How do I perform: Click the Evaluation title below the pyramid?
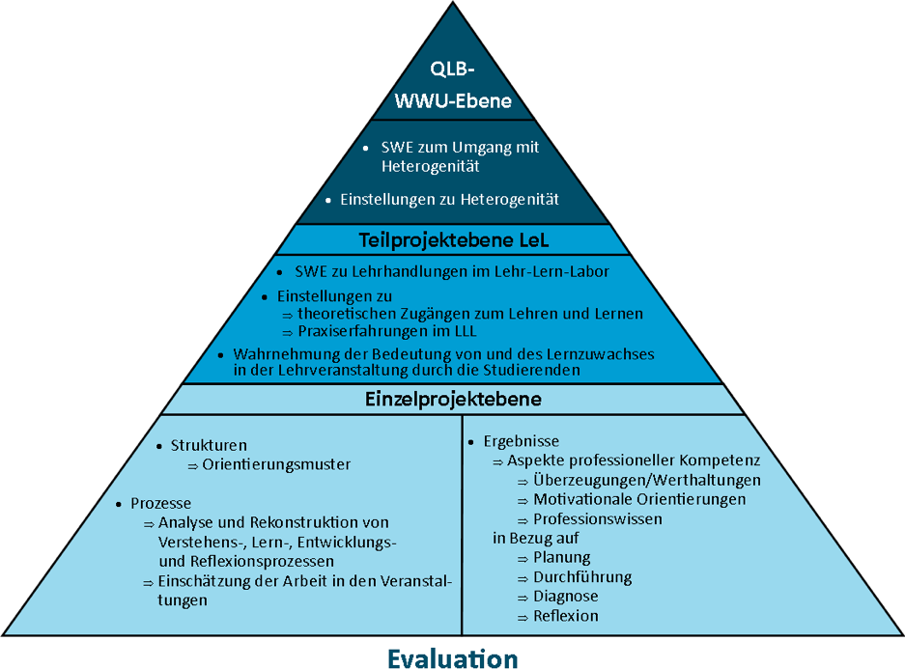(453, 657)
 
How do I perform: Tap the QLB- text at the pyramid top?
(453, 70)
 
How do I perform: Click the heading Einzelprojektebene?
(453, 399)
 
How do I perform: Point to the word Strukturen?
(209, 445)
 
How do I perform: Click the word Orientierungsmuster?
(276, 464)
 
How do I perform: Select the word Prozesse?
(161, 503)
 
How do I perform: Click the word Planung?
(561, 557)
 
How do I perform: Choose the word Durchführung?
(582, 577)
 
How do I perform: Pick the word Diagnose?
(566, 597)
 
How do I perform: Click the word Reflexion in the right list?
(566, 616)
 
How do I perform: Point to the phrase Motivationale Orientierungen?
(639, 499)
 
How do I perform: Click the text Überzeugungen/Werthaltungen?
(646, 480)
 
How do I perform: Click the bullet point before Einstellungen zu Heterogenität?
(328, 200)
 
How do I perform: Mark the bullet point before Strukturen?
(159, 446)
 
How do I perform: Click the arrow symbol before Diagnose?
(523, 598)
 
